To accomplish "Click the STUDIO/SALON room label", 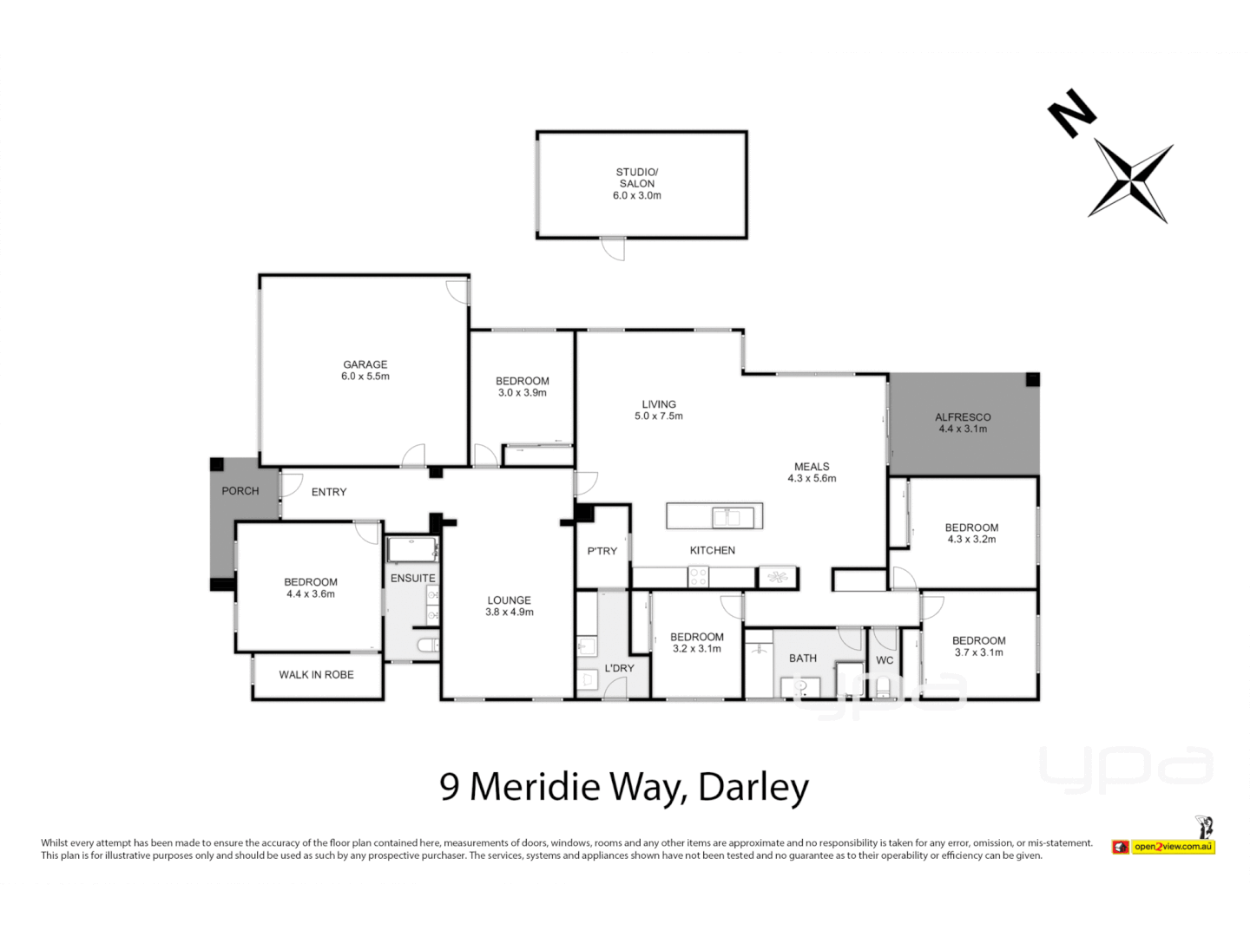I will [x=637, y=183].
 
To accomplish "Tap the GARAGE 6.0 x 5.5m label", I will [x=365, y=370].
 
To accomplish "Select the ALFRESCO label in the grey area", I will [x=963, y=423].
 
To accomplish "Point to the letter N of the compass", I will [x=1071, y=112].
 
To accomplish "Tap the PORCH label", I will [x=240, y=491].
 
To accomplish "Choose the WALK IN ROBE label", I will [x=316, y=675].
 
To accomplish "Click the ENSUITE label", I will [x=413, y=578].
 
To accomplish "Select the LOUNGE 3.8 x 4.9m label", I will [x=510, y=606].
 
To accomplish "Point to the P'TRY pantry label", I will [x=602, y=551].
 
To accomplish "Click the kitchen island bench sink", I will [x=727, y=517].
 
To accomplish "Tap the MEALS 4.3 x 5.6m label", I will [x=812, y=472].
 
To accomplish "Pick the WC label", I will [x=885, y=660].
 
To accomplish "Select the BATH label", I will [x=803, y=659].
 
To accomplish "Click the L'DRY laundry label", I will [x=619, y=668].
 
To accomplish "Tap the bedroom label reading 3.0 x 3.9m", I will [x=523, y=387].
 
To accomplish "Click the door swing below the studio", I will [x=614, y=249].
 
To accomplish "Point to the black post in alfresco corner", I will [x=1032, y=379].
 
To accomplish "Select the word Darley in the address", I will [x=753, y=787].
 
